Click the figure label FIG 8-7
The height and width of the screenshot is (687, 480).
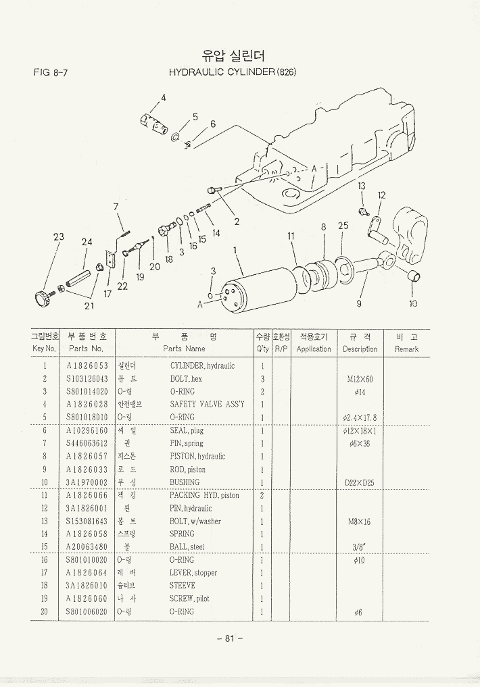pyautogui.click(x=49, y=72)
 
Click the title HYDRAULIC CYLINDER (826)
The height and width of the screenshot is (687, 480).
pyautogui.click(x=232, y=72)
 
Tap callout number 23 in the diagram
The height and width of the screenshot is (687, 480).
pyautogui.click(x=59, y=237)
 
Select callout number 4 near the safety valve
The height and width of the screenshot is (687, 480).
pyautogui.click(x=163, y=96)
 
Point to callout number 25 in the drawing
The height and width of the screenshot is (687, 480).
pyautogui.click(x=343, y=226)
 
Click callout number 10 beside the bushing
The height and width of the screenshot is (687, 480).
pyautogui.click(x=413, y=303)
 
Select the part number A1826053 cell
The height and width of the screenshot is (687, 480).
pyautogui.click(x=87, y=366)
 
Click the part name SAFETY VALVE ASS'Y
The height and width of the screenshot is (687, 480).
pyautogui.click(x=207, y=405)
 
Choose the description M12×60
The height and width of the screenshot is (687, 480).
pyautogui.click(x=360, y=380)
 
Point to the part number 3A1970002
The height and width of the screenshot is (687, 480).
pyautogui.click(x=87, y=482)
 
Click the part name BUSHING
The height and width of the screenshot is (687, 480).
pyautogui.click(x=185, y=482)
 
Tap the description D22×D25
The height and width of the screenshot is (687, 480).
pyautogui.click(x=359, y=483)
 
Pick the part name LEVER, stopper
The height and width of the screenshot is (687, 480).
pyautogui.click(x=193, y=573)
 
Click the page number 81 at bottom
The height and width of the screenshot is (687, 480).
pyautogui.click(x=230, y=639)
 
